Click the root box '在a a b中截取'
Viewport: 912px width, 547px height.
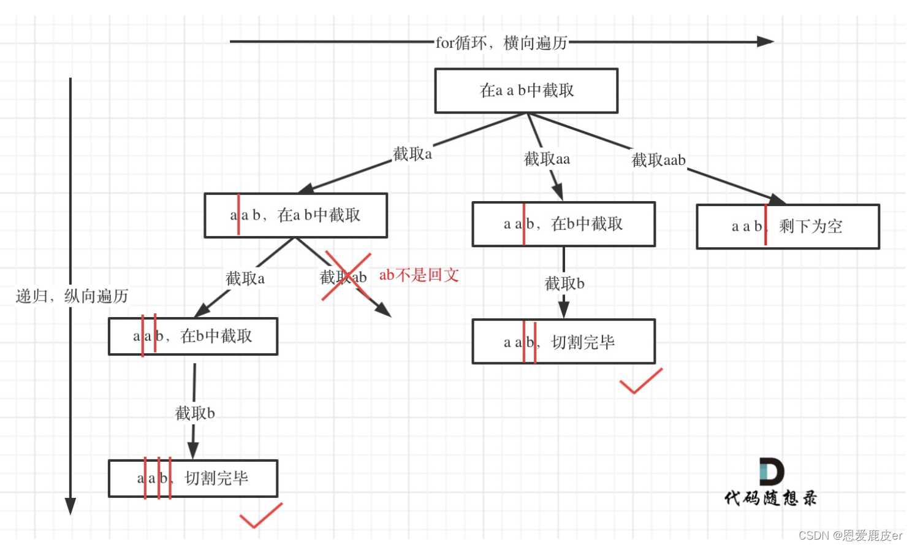[526, 91]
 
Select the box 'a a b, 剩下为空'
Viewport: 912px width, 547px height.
[788, 226]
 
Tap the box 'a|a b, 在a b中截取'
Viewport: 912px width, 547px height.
[295, 215]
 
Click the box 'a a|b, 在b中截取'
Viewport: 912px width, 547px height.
[563, 224]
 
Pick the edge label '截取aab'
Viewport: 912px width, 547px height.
[658, 161]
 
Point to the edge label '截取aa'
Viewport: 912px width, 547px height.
[547, 159]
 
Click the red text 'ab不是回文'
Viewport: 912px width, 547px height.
[419, 275]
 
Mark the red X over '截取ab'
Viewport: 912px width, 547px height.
[347, 276]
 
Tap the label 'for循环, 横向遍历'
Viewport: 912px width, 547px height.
[501, 43]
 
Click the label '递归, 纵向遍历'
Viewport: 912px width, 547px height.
[72, 296]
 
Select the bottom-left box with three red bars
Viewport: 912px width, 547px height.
[192, 478]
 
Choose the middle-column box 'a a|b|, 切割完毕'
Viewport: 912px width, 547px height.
[563, 342]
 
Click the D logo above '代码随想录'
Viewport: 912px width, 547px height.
[771, 471]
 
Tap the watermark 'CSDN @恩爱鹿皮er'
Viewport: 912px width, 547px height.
[850, 535]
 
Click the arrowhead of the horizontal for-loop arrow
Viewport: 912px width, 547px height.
[766, 42]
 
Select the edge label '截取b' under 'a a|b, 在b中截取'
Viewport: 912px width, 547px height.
[564, 283]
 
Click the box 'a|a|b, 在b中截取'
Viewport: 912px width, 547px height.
[192, 336]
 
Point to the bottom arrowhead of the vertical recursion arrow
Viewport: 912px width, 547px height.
[70, 506]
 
